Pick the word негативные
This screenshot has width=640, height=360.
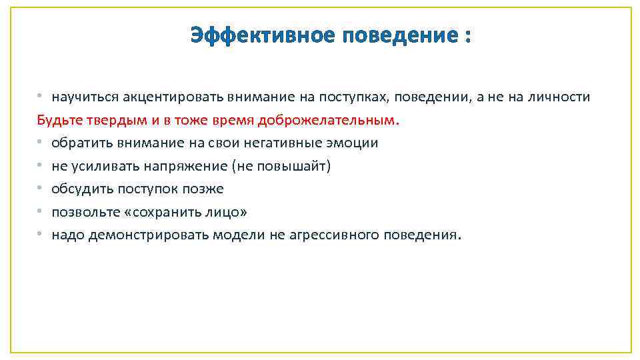[292, 143]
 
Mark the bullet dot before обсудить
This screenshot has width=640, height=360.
[41, 189]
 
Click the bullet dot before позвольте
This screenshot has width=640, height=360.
[41, 211]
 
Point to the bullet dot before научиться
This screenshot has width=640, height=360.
[41, 97]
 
